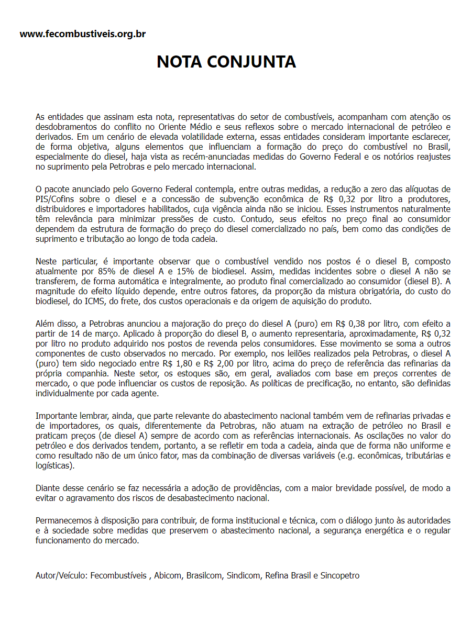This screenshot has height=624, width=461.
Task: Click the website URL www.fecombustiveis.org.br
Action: pos(82,34)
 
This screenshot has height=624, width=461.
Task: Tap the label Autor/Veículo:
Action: pos(62,575)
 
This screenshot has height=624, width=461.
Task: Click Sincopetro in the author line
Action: pos(340,575)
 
